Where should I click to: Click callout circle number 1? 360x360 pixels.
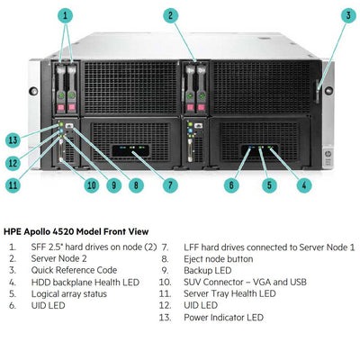67,15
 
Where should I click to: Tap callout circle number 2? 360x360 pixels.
169,15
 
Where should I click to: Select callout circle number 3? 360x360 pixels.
347,15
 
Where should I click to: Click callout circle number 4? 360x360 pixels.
304,185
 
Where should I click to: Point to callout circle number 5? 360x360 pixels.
267,185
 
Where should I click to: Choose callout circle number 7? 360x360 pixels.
169,185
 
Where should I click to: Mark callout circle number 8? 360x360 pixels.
136,185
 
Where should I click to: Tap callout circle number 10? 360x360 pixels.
91,185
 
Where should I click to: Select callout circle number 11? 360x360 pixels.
13,185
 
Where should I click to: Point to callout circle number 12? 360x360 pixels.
13,163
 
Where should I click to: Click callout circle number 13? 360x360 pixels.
13,139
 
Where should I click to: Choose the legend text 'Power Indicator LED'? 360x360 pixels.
223,317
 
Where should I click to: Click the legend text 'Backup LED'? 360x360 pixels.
209,270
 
